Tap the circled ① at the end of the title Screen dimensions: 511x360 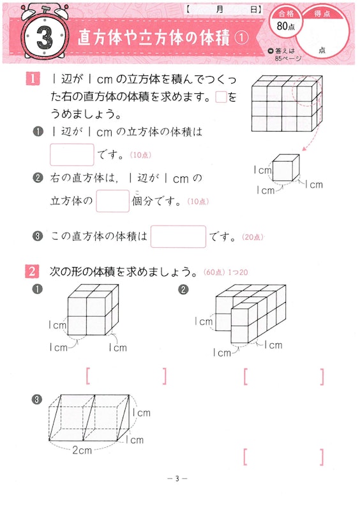pos(241,38)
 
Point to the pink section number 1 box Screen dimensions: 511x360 pos(32,80)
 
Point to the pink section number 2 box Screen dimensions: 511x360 pos(32,272)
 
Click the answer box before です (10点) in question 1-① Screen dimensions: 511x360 pos(71,155)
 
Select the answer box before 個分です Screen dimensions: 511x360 pos(112,201)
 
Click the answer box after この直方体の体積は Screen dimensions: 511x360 pos(178,237)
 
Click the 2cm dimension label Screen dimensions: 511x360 pos(82,450)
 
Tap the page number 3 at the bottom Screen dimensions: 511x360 pos(179,478)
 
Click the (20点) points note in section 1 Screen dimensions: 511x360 pos(252,238)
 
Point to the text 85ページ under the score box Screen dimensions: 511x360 pos(288,58)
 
